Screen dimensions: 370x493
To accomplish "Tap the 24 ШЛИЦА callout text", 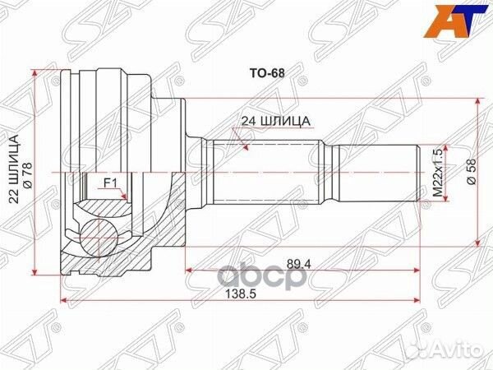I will click(274, 121).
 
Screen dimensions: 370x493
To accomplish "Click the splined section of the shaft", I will click(263, 173).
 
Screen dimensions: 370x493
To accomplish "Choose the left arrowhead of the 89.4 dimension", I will click(189, 268).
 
